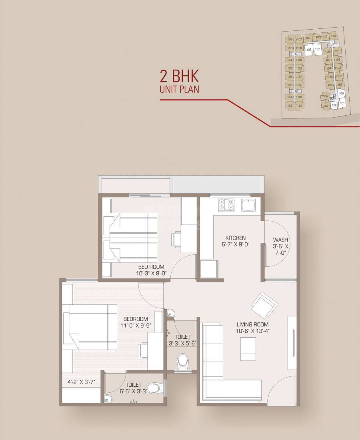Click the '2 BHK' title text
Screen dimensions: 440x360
point(179,76)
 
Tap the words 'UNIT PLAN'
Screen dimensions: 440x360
point(179,90)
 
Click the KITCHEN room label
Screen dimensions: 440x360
point(235,238)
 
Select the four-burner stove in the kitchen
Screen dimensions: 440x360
point(226,205)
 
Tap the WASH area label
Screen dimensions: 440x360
point(280,240)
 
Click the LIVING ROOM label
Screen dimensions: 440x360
point(252,324)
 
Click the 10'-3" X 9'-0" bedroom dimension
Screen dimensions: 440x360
point(151,274)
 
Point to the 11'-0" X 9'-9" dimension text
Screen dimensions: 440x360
point(136,325)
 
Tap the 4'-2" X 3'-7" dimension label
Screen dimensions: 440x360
point(81,382)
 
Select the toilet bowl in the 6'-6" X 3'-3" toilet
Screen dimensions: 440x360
point(154,387)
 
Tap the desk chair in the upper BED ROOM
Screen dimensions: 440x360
point(176,239)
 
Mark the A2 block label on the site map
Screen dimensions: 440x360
point(296,54)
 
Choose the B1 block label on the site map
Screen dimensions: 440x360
point(332,44)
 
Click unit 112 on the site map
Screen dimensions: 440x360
point(334,36)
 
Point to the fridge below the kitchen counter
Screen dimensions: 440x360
point(209,268)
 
